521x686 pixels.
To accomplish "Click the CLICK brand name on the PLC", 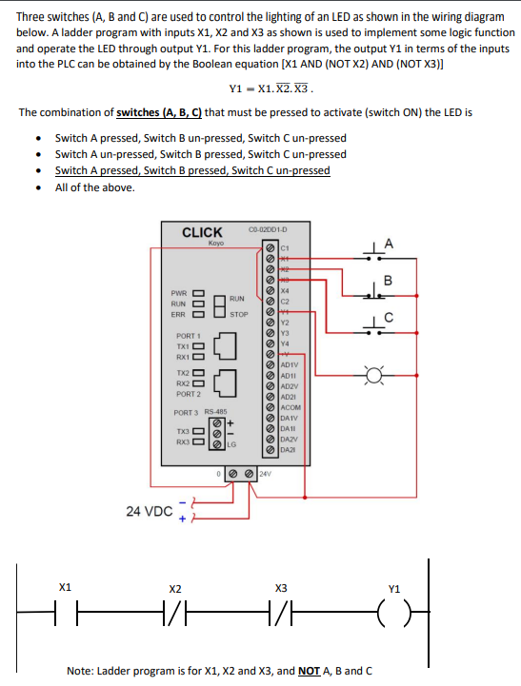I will [x=202, y=232].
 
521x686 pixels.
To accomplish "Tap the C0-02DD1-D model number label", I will [x=268, y=228].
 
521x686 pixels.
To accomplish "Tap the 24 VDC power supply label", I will [x=149, y=511].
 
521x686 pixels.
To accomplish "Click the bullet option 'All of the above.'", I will [x=94, y=187].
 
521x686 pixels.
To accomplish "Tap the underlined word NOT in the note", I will [x=308, y=671].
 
